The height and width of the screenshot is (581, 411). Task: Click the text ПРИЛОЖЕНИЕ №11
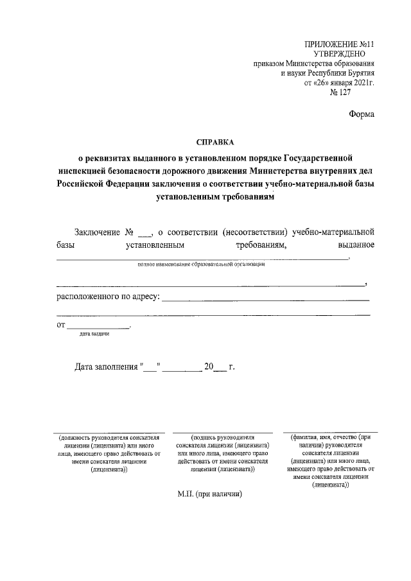pyautogui.click(x=338, y=44)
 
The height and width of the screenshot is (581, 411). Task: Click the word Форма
pyautogui.click(x=361, y=114)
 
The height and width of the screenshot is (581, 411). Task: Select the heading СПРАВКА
pyautogui.click(x=215, y=142)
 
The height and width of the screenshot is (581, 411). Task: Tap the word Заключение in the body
pyautogui.click(x=97, y=231)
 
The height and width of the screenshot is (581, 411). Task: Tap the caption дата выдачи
pyautogui.click(x=94, y=334)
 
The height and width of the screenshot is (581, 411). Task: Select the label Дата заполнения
pyautogui.click(x=106, y=368)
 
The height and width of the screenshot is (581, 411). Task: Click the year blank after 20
pyautogui.click(x=219, y=370)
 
